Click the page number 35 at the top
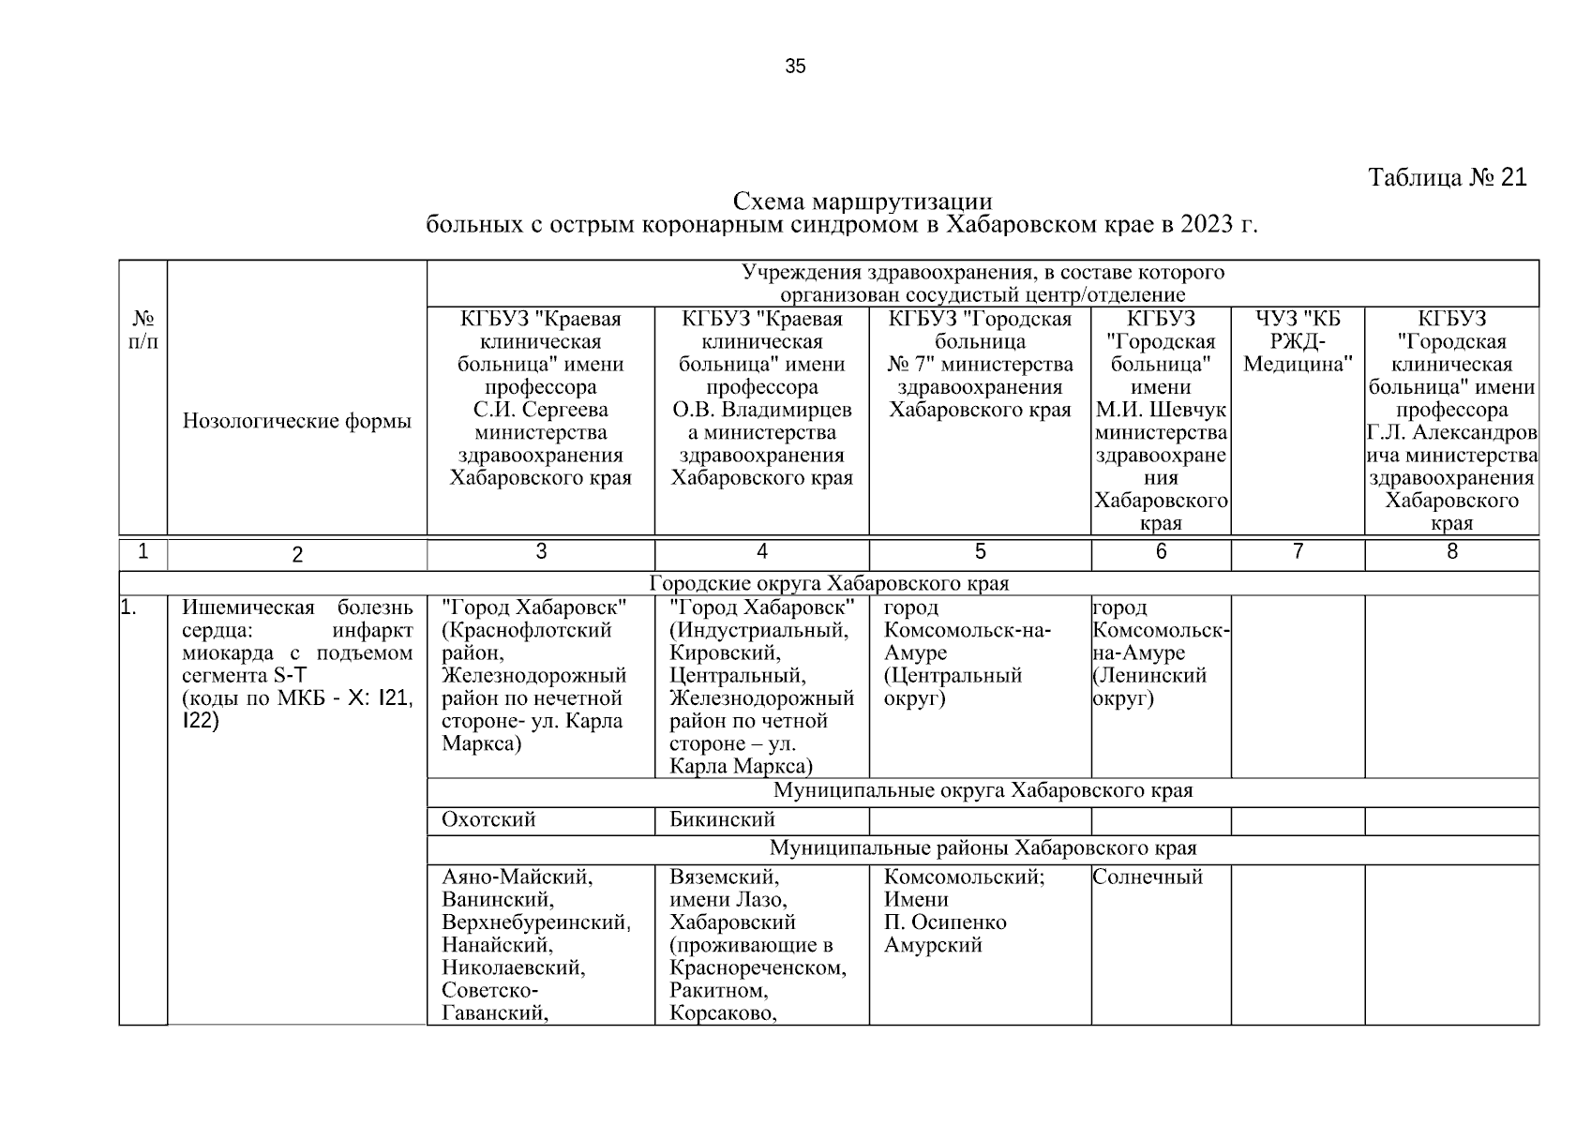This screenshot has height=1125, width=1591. (795, 67)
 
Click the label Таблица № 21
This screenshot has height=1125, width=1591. (1448, 177)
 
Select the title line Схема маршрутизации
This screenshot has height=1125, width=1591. (862, 202)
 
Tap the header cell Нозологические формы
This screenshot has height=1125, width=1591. (297, 421)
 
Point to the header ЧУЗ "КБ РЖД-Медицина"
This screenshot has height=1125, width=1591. (1298, 341)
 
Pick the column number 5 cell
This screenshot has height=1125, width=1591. (980, 552)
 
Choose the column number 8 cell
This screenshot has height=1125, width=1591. (1451, 552)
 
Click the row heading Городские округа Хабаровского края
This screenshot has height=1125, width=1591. (829, 583)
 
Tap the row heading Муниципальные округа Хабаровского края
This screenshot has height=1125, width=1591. (983, 790)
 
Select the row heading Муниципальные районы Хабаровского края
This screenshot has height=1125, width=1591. (983, 848)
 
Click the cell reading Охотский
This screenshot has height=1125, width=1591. (488, 820)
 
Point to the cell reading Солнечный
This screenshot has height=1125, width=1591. (1148, 877)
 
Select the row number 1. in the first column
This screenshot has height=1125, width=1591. (129, 608)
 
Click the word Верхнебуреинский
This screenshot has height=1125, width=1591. (535, 922)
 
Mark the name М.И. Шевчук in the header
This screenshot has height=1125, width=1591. (1161, 410)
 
